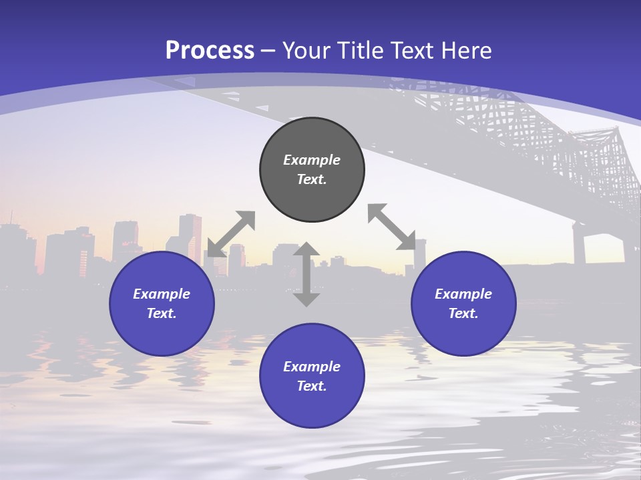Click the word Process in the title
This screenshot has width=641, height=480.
[210, 51]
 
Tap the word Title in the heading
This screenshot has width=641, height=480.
[359, 51]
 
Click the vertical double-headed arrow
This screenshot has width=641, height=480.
[306, 274]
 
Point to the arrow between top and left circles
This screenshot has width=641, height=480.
[231, 234]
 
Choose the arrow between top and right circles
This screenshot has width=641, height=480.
[392, 227]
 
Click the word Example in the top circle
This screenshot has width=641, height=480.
[312, 160]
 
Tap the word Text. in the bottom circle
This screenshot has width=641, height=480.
[312, 386]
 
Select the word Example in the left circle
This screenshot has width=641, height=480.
[162, 294]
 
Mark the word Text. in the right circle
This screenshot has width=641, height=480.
[463, 313]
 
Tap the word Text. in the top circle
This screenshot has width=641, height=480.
[312, 179]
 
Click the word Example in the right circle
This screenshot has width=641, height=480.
[463, 294]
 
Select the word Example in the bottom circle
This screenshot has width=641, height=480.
[312, 367]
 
